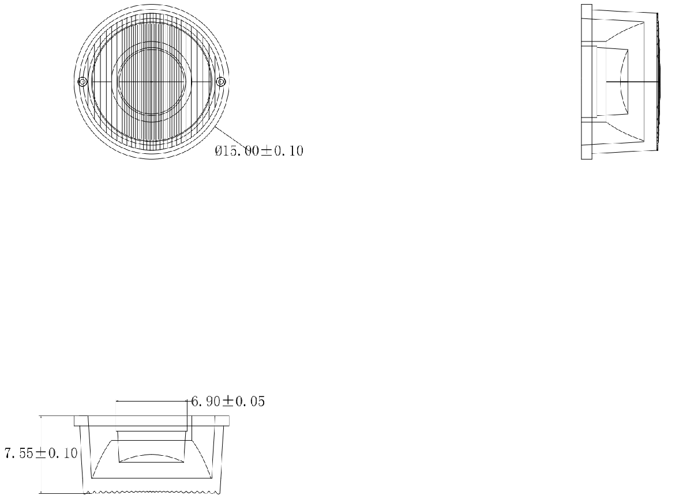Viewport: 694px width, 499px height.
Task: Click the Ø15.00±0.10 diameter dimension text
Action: pos(259,151)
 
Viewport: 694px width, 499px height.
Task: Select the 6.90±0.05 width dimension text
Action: pos(228,402)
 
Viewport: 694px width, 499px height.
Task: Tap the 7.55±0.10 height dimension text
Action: pos(41,453)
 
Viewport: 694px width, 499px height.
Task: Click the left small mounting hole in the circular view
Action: pos(82,82)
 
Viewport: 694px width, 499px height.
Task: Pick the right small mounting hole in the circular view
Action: pos(220,82)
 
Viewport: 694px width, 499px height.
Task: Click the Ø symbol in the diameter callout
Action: pos(219,151)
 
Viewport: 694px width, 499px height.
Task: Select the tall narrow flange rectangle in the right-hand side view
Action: pos(587,82)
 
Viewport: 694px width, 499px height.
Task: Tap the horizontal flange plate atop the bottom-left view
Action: pos(152,421)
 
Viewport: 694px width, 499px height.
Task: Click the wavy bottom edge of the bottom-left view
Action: pos(152,492)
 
